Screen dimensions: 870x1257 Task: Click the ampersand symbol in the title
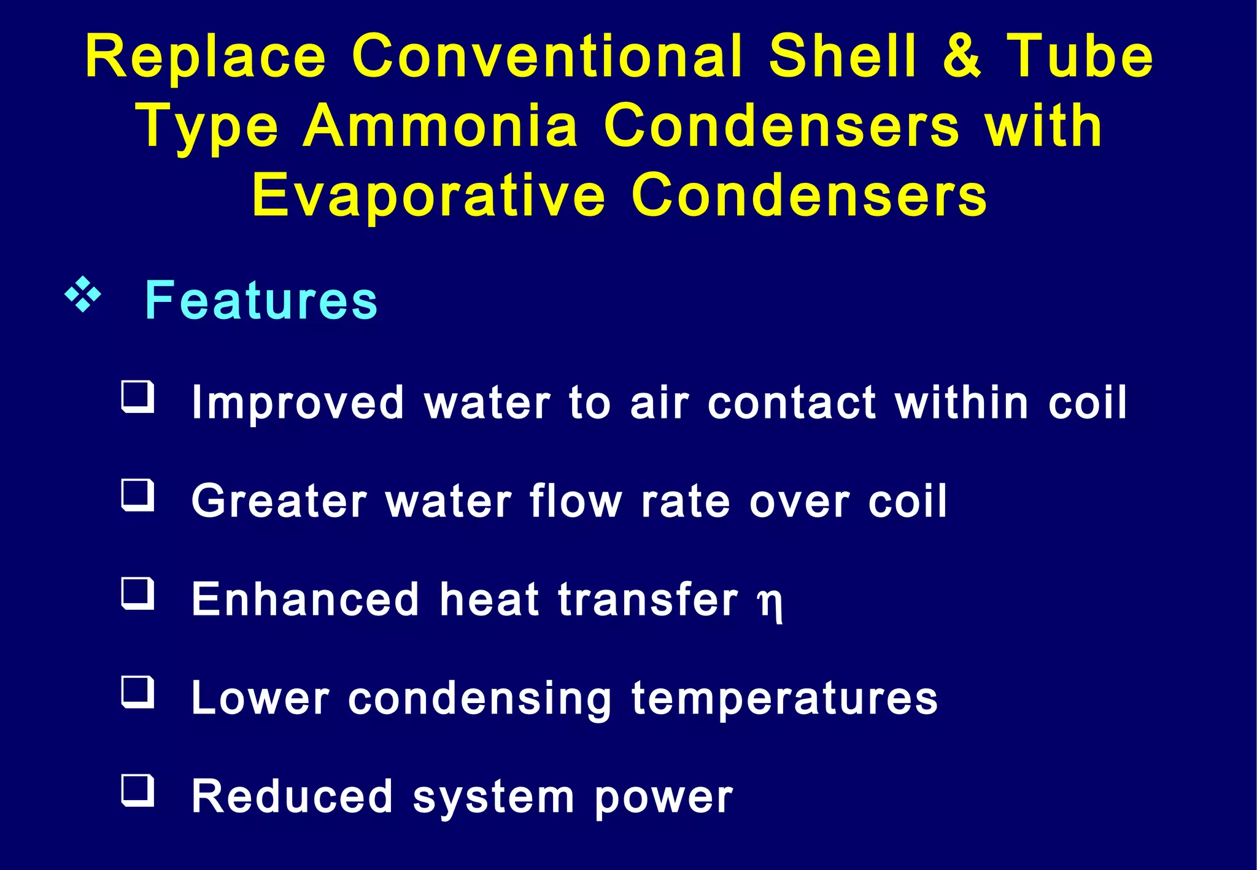[962, 56]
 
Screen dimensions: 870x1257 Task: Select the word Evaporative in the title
[428, 196]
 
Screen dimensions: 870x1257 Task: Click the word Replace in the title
[206, 56]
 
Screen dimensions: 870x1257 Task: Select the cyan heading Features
[261, 300]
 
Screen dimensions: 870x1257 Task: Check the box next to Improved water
[137, 397]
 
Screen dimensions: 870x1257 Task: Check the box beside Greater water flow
[137, 495]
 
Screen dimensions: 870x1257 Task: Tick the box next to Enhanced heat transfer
[137, 593]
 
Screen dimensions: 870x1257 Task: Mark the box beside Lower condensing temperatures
[137, 691]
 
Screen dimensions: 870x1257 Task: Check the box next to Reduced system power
[137, 790]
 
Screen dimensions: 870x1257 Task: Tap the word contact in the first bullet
[792, 403]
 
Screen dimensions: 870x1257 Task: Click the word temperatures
[785, 699]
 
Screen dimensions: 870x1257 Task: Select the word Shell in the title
[843, 56]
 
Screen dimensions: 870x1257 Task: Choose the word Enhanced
[305, 599]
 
